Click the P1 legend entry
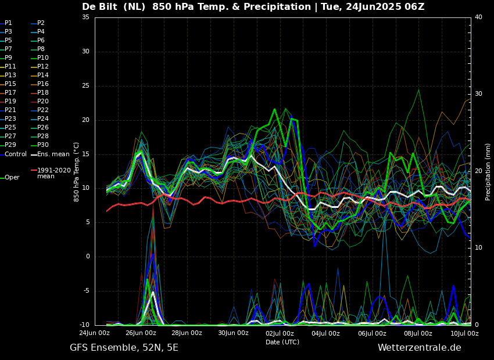8,23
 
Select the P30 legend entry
43,145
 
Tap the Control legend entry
16,154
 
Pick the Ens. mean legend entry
53,154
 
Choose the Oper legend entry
12,178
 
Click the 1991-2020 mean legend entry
53,173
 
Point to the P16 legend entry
43,84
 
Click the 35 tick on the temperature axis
85,17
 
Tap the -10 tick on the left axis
84,325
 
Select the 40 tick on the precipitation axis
478,17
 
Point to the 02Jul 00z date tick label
280,333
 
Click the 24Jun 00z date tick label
94,333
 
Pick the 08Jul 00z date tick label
418,333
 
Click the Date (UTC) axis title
282,342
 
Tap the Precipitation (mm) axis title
488,172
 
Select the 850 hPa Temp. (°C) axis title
77,172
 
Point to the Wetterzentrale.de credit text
419,348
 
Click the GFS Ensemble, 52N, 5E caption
124,348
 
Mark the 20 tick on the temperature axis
85,120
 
